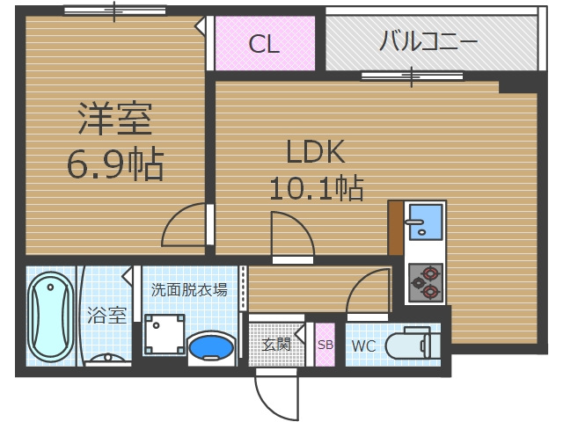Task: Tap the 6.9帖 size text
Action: [x=114, y=164]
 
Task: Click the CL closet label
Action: [x=263, y=44]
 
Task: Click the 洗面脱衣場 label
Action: [x=189, y=289]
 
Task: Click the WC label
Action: [x=364, y=346]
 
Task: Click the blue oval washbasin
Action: [x=211, y=346]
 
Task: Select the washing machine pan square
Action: [x=165, y=334]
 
